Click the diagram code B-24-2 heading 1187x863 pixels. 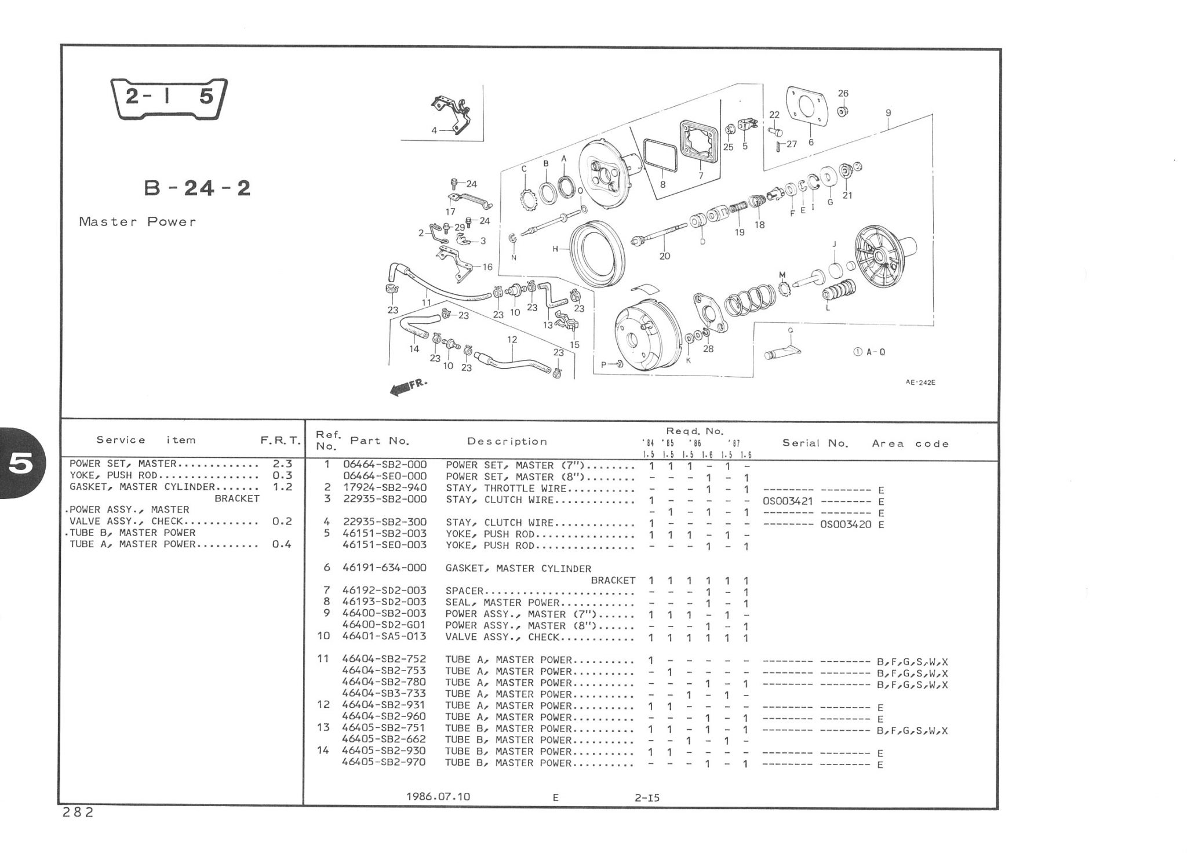[x=197, y=188]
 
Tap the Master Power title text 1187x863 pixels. [x=137, y=222]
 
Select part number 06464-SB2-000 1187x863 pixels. [x=384, y=465]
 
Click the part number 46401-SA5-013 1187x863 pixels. [x=384, y=636]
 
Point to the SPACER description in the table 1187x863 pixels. [x=464, y=591]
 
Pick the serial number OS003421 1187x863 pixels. [x=788, y=501]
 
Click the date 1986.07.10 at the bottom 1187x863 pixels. [x=438, y=797]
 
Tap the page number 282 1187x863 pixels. [x=78, y=813]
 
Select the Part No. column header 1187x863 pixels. [x=380, y=441]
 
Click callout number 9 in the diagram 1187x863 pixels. [x=888, y=114]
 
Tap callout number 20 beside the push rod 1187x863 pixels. [x=664, y=256]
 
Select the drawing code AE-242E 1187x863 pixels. [x=920, y=383]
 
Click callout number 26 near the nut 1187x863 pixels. [x=843, y=93]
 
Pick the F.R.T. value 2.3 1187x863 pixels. [x=282, y=464]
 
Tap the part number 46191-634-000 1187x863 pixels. [x=384, y=568]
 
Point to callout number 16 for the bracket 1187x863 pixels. [x=487, y=267]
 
